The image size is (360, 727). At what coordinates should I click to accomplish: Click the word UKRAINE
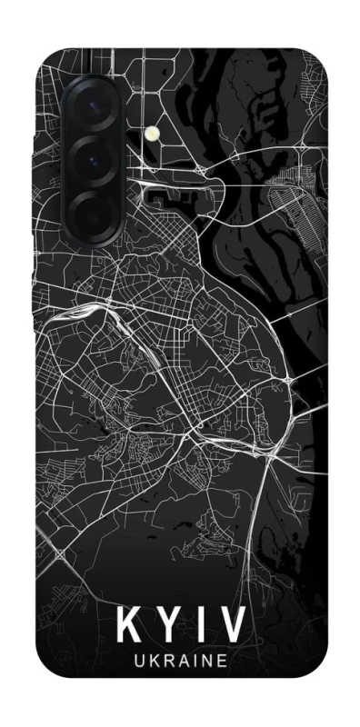(x=178, y=667)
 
